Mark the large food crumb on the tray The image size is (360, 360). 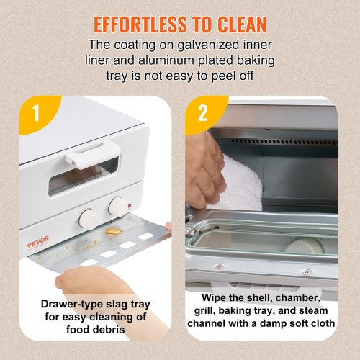(113, 233)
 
